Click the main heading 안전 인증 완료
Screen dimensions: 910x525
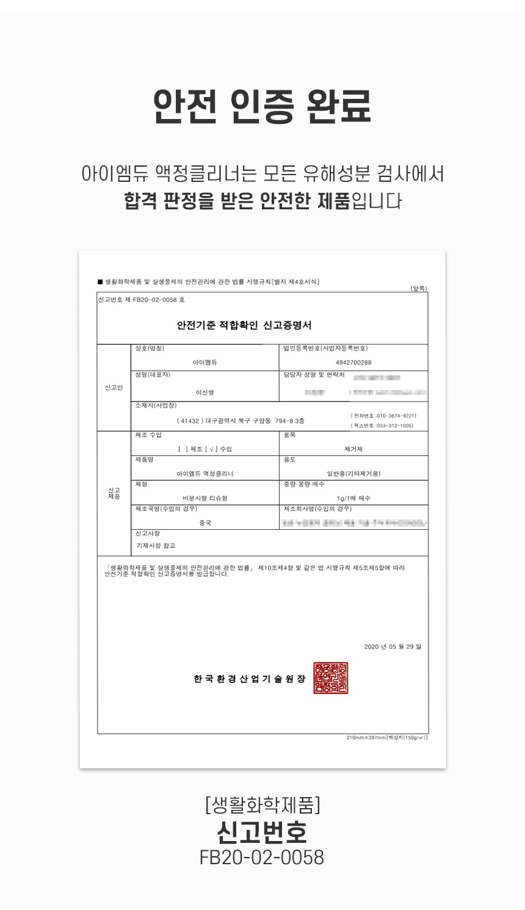pos(262,107)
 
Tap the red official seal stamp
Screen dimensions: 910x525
pos(330,677)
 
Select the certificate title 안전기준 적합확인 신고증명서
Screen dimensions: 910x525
pos(244,325)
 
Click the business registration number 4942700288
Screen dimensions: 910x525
pos(353,363)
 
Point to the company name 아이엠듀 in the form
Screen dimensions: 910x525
pos(205,363)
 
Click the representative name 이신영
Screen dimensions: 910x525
pos(205,392)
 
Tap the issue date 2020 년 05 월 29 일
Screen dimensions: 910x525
pos(392,646)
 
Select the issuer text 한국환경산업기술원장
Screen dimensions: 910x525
pos(249,679)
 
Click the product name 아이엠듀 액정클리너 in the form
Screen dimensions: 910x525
pos(205,474)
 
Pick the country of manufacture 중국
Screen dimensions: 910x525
pos(205,523)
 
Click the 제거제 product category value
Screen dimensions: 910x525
pos(353,449)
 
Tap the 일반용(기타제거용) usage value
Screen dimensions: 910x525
pos(353,474)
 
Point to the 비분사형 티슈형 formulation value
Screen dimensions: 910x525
pos(205,498)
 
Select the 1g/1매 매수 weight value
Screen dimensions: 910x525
pos(353,498)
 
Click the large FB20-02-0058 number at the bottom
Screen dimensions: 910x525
pos(262,858)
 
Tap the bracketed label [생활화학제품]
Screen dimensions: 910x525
pos(262,805)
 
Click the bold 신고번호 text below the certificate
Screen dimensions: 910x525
pos(262,832)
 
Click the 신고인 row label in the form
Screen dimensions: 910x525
pos(114,388)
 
